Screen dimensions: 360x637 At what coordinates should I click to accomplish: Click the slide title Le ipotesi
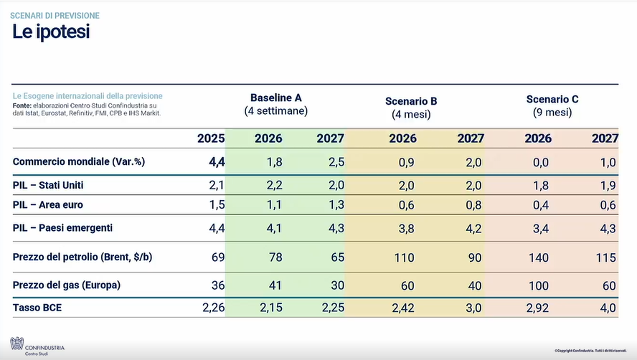(51, 32)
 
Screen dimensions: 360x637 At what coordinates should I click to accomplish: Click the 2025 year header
(211, 138)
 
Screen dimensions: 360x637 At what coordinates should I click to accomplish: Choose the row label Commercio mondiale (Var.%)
(79, 162)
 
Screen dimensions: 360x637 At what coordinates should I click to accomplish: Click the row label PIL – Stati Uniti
(53, 186)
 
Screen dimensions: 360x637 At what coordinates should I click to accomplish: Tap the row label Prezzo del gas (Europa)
(67, 285)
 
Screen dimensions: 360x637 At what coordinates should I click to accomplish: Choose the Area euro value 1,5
(216, 205)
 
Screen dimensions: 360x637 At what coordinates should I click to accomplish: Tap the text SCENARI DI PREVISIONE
(55, 15)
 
